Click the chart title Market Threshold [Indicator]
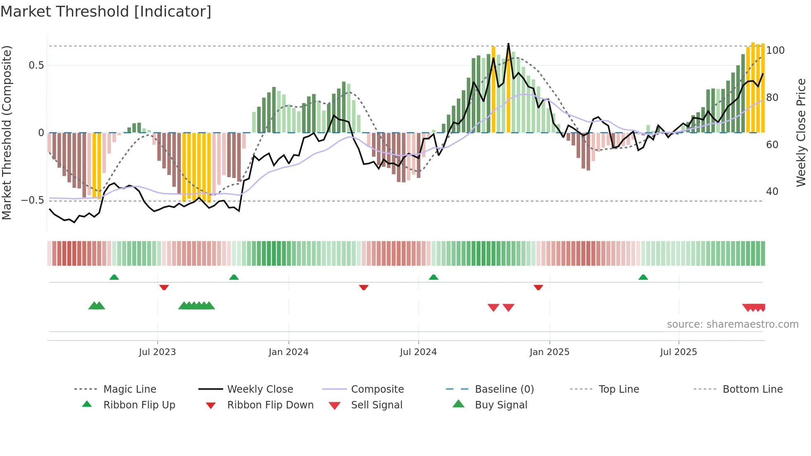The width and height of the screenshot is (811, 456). coord(106,12)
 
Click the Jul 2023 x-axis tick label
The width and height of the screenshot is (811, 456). coord(157,352)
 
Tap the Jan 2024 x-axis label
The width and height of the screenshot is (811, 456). coord(288,352)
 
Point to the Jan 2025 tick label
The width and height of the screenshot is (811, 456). coord(549,352)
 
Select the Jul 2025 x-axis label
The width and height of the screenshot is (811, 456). coord(678,352)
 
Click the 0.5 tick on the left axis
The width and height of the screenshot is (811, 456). coord(36,65)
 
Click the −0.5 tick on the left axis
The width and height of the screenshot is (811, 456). coord(33,200)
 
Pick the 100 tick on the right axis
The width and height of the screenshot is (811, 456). coord(775,50)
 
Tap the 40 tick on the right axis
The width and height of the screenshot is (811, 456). coord(772,192)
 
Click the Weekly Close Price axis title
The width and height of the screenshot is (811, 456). coord(801,132)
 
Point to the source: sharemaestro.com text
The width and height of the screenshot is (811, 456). coord(732,324)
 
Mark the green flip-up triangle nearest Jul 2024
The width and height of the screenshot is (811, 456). coord(433,277)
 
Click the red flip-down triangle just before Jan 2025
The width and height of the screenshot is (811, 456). coord(538,287)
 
